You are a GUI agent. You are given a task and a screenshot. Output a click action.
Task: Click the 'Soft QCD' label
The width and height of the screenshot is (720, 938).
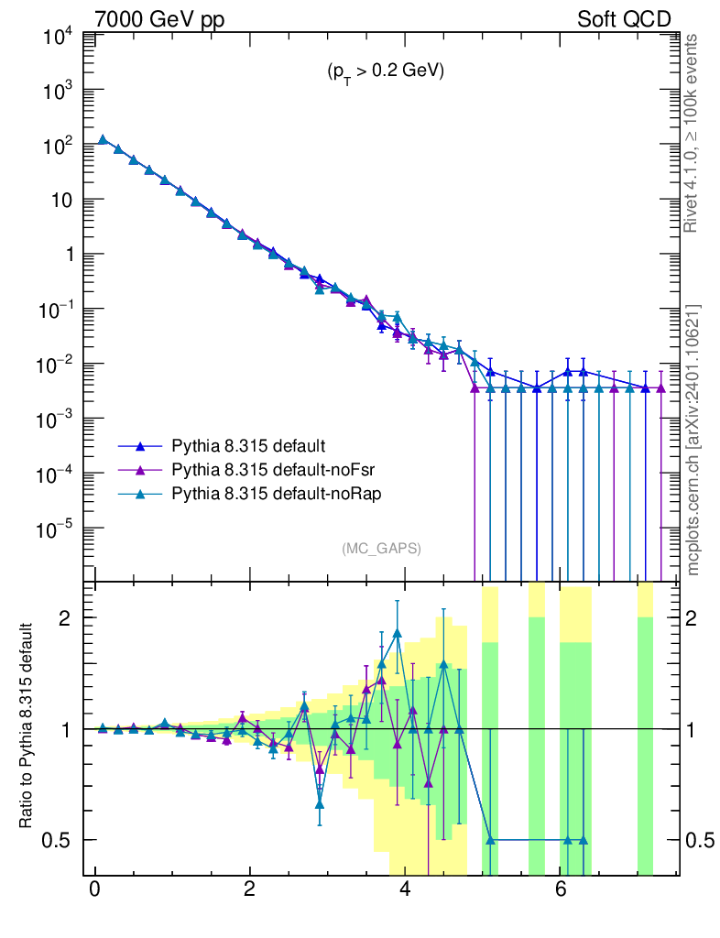[624, 19]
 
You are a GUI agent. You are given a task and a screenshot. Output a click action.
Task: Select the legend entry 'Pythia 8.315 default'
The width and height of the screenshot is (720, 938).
[248, 447]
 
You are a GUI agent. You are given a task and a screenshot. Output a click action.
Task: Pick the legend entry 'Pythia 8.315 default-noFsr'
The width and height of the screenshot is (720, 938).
[273, 470]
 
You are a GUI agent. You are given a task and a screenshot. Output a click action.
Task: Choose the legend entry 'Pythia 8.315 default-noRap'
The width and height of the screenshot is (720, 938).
[275, 494]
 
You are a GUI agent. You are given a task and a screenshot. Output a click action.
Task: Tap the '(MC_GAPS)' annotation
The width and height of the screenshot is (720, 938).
[381, 548]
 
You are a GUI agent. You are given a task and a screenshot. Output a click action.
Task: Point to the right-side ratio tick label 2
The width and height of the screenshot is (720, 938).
[700, 618]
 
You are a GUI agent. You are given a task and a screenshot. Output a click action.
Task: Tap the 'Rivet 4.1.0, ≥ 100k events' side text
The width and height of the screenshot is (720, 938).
[692, 133]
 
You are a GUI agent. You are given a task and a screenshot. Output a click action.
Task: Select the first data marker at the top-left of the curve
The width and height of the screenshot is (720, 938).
[103, 140]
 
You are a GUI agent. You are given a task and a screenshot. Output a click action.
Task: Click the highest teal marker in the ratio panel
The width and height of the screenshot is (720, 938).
[397, 632]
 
